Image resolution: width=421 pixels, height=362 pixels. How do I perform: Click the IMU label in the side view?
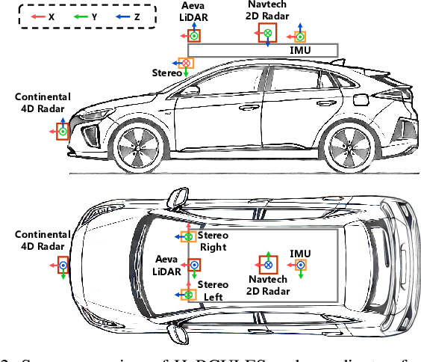point(299,49)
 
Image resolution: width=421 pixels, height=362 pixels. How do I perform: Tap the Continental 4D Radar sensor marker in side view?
point(63,132)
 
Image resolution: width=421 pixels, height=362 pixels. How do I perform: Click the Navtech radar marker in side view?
point(266,33)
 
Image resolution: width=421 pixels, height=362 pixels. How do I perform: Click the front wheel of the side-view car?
point(138,145)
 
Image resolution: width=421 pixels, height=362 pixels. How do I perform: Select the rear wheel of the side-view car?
point(348,145)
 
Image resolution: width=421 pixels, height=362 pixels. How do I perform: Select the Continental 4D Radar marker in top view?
point(63,265)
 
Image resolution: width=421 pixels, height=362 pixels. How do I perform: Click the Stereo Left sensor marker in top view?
point(189,295)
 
